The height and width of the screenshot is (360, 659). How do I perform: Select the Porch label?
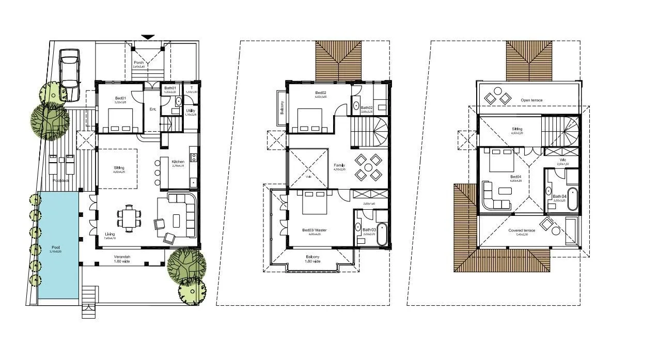(138, 62)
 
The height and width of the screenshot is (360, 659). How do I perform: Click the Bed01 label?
(120, 98)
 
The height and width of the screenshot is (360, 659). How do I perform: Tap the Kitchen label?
(178, 162)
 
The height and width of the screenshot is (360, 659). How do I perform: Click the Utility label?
(190, 110)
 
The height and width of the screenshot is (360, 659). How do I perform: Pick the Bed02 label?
(320, 92)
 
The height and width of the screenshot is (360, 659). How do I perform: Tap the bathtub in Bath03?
(382, 234)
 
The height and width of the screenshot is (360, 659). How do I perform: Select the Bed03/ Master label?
(315, 230)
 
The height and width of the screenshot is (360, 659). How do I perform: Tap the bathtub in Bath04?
(573, 199)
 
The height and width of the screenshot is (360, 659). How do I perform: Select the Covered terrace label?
(521, 230)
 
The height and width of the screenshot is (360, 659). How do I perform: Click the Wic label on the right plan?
(562, 160)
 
